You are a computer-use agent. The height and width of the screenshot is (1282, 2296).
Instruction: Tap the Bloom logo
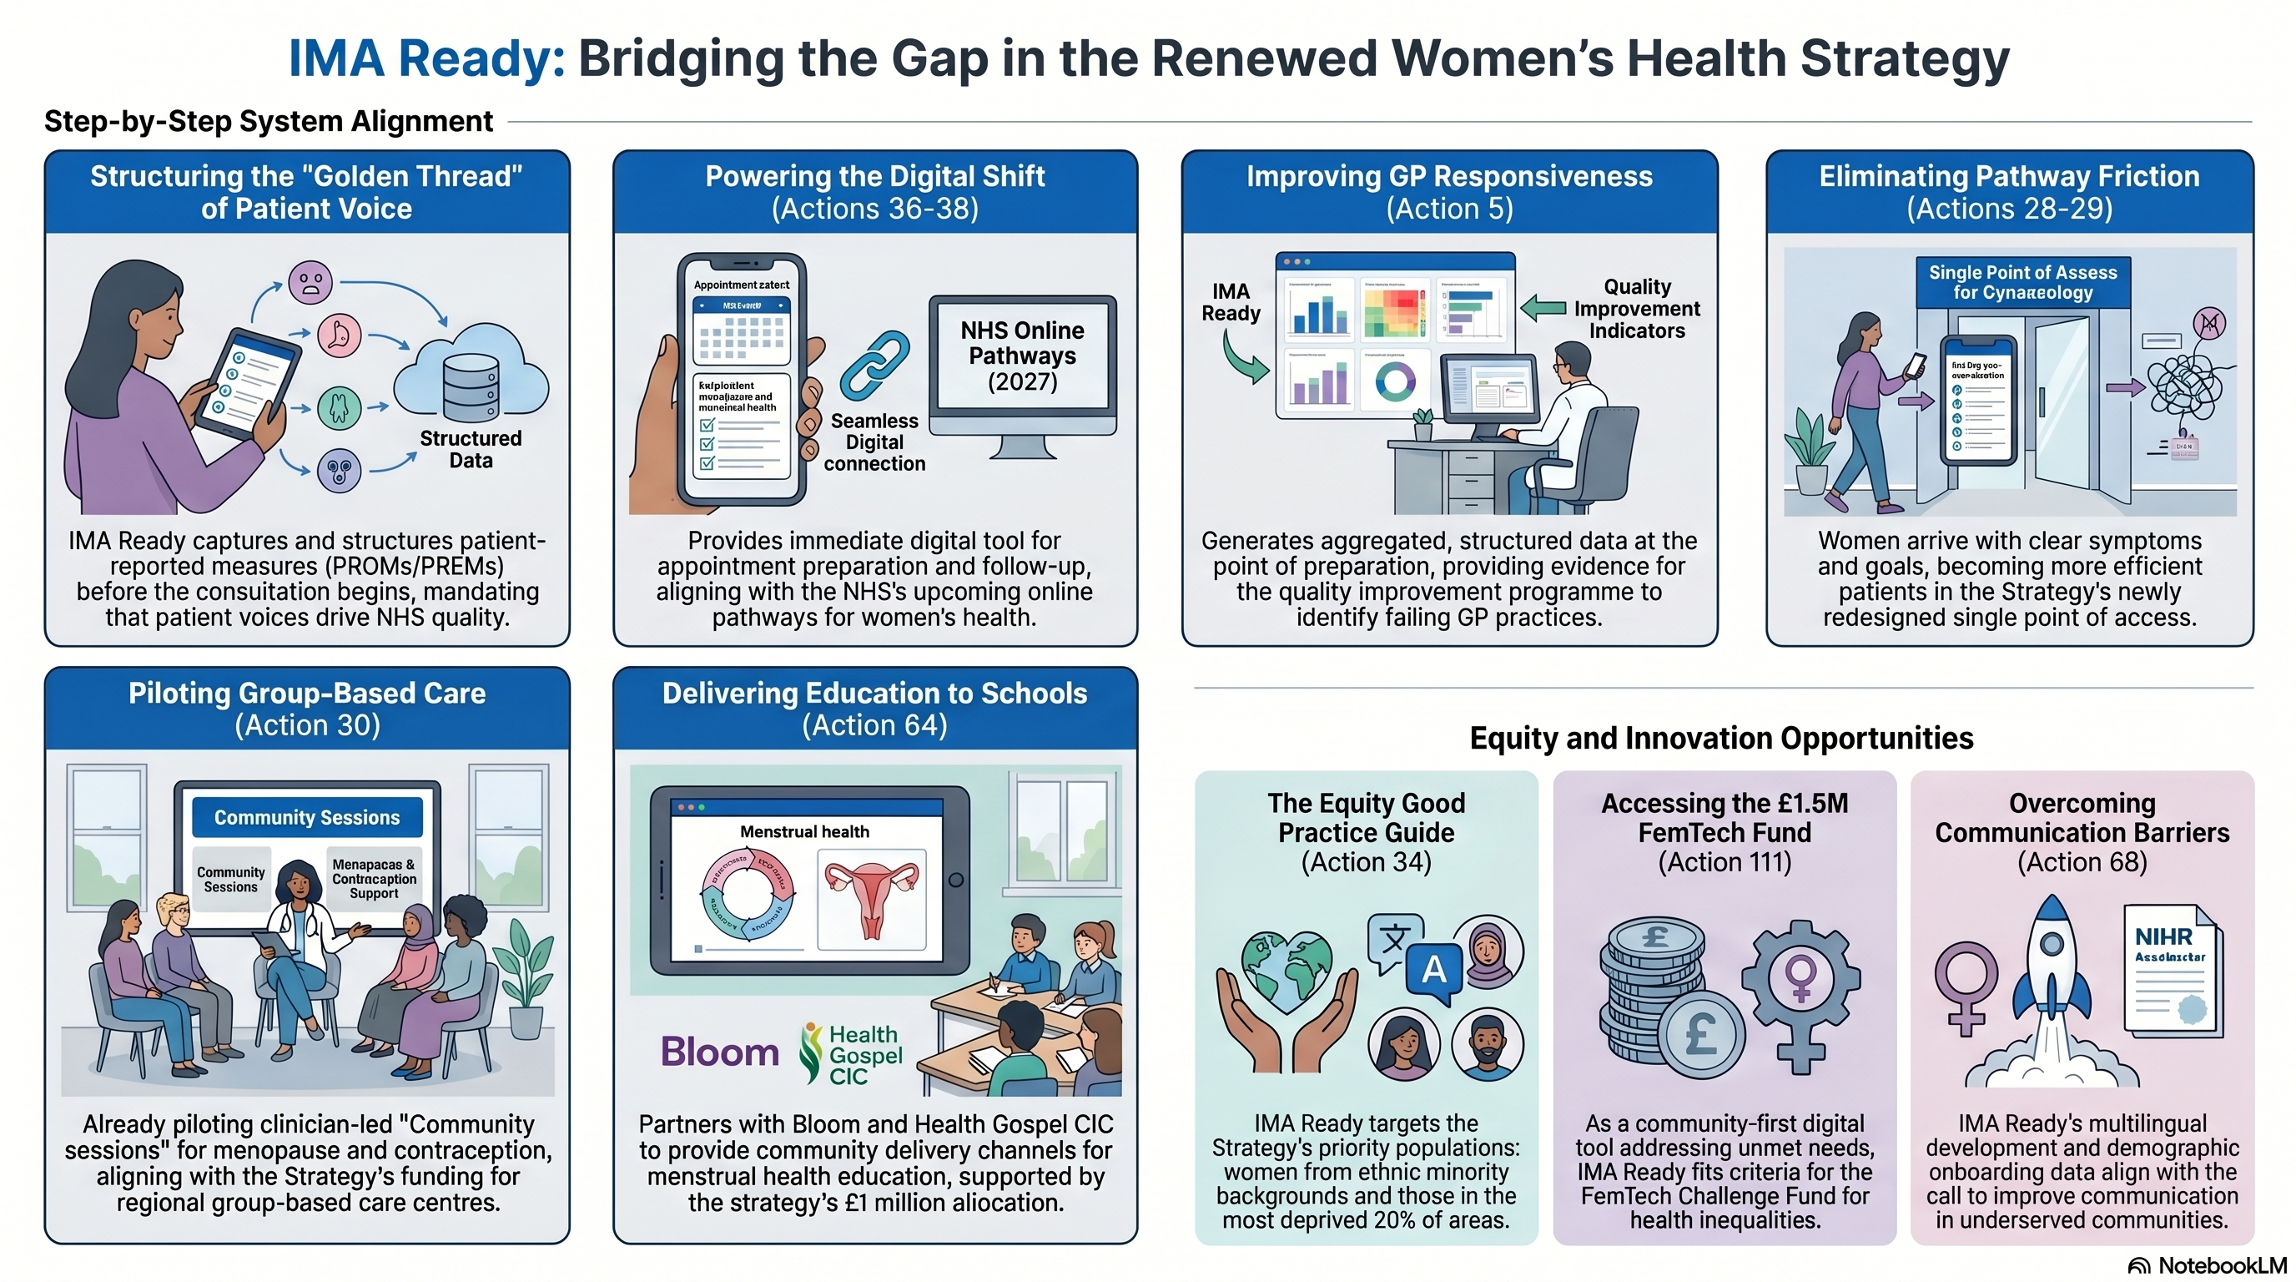(x=720, y=1052)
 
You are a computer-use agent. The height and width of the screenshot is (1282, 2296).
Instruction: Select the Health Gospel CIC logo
(x=852, y=1054)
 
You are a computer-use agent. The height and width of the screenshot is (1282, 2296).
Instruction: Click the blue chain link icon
(x=874, y=365)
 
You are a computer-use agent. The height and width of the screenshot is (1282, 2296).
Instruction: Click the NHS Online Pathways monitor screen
(x=1022, y=356)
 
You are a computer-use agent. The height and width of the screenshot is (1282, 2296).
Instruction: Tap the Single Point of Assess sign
(x=2022, y=283)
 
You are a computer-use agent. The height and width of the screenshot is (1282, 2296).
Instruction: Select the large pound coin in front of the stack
(x=1700, y=1034)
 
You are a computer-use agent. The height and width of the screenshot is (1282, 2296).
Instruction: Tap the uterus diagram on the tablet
(x=872, y=899)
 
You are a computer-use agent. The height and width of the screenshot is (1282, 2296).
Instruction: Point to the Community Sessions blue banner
(x=307, y=817)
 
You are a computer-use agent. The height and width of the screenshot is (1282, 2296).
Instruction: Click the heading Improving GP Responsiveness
(x=1449, y=176)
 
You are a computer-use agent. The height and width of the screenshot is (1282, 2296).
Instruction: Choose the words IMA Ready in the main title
(x=426, y=58)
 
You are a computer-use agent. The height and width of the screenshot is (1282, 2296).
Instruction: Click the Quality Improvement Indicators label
(x=1636, y=309)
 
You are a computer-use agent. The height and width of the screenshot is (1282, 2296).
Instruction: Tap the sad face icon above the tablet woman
(x=310, y=284)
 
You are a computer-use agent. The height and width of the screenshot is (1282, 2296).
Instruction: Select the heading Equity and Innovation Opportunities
(x=1721, y=738)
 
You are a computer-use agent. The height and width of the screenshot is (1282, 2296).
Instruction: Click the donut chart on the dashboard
(x=1395, y=381)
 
